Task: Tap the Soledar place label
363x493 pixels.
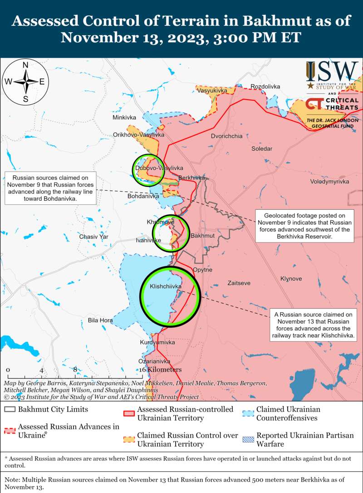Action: tap(262, 149)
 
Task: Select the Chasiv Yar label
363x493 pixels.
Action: tap(94, 237)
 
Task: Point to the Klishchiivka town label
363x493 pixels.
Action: tap(166, 287)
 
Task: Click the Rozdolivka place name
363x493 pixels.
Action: tap(265, 87)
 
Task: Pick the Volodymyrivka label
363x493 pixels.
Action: tap(329, 181)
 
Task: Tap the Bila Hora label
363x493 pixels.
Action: tap(100, 320)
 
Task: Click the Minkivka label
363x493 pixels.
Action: tap(124, 118)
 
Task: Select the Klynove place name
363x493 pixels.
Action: tap(291, 279)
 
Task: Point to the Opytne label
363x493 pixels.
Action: tap(202, 270)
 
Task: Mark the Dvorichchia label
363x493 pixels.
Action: tap(226, 136)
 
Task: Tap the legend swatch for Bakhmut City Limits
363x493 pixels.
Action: tap(10, 410)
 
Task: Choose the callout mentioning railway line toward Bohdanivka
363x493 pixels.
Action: tap(50, 188)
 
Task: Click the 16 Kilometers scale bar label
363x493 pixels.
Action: tap(160, 370)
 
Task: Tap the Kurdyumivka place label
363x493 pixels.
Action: tap(157, 343)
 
